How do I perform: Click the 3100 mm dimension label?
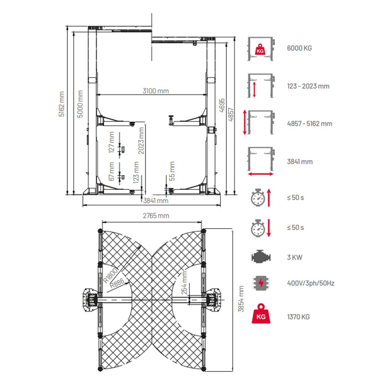click(155, 91)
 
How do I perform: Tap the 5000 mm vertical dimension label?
click(80, 104)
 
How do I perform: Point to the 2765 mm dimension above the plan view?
click(156, 216)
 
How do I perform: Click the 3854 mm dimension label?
click(241, 299)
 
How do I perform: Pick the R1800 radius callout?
click(111, 274)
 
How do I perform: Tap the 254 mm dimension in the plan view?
click(184, 283)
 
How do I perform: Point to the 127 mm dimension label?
click(111, 143)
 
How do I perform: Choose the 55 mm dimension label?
click(172, 171)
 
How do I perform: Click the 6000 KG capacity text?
click(299, 48)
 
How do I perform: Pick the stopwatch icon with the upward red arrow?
click(258, 198)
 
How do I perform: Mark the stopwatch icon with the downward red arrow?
click(258, 228)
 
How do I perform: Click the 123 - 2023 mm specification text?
click(308, 86)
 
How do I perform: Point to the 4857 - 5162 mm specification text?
click(310, 124)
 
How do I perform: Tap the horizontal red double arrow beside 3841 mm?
click(260, 174)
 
